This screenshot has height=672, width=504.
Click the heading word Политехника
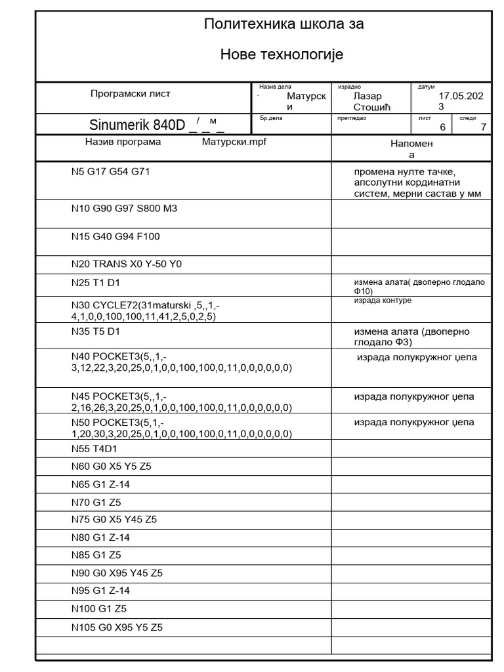pos(243,25)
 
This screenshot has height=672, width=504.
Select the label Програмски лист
pos(131,94)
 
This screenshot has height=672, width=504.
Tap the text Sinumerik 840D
pos(138,125)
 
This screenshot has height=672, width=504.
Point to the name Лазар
pos(367,96)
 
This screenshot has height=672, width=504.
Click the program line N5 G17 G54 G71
pos(115,172)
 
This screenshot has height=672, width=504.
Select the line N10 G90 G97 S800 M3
pos(124,209)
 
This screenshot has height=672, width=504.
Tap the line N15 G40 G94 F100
pos(115,236)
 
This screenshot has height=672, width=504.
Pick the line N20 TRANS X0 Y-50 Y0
pos(126,264)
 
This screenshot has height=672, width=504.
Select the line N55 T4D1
pos(94,448)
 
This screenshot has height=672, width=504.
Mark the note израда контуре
pos(383,301)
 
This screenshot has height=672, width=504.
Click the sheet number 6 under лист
pos(442,127)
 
